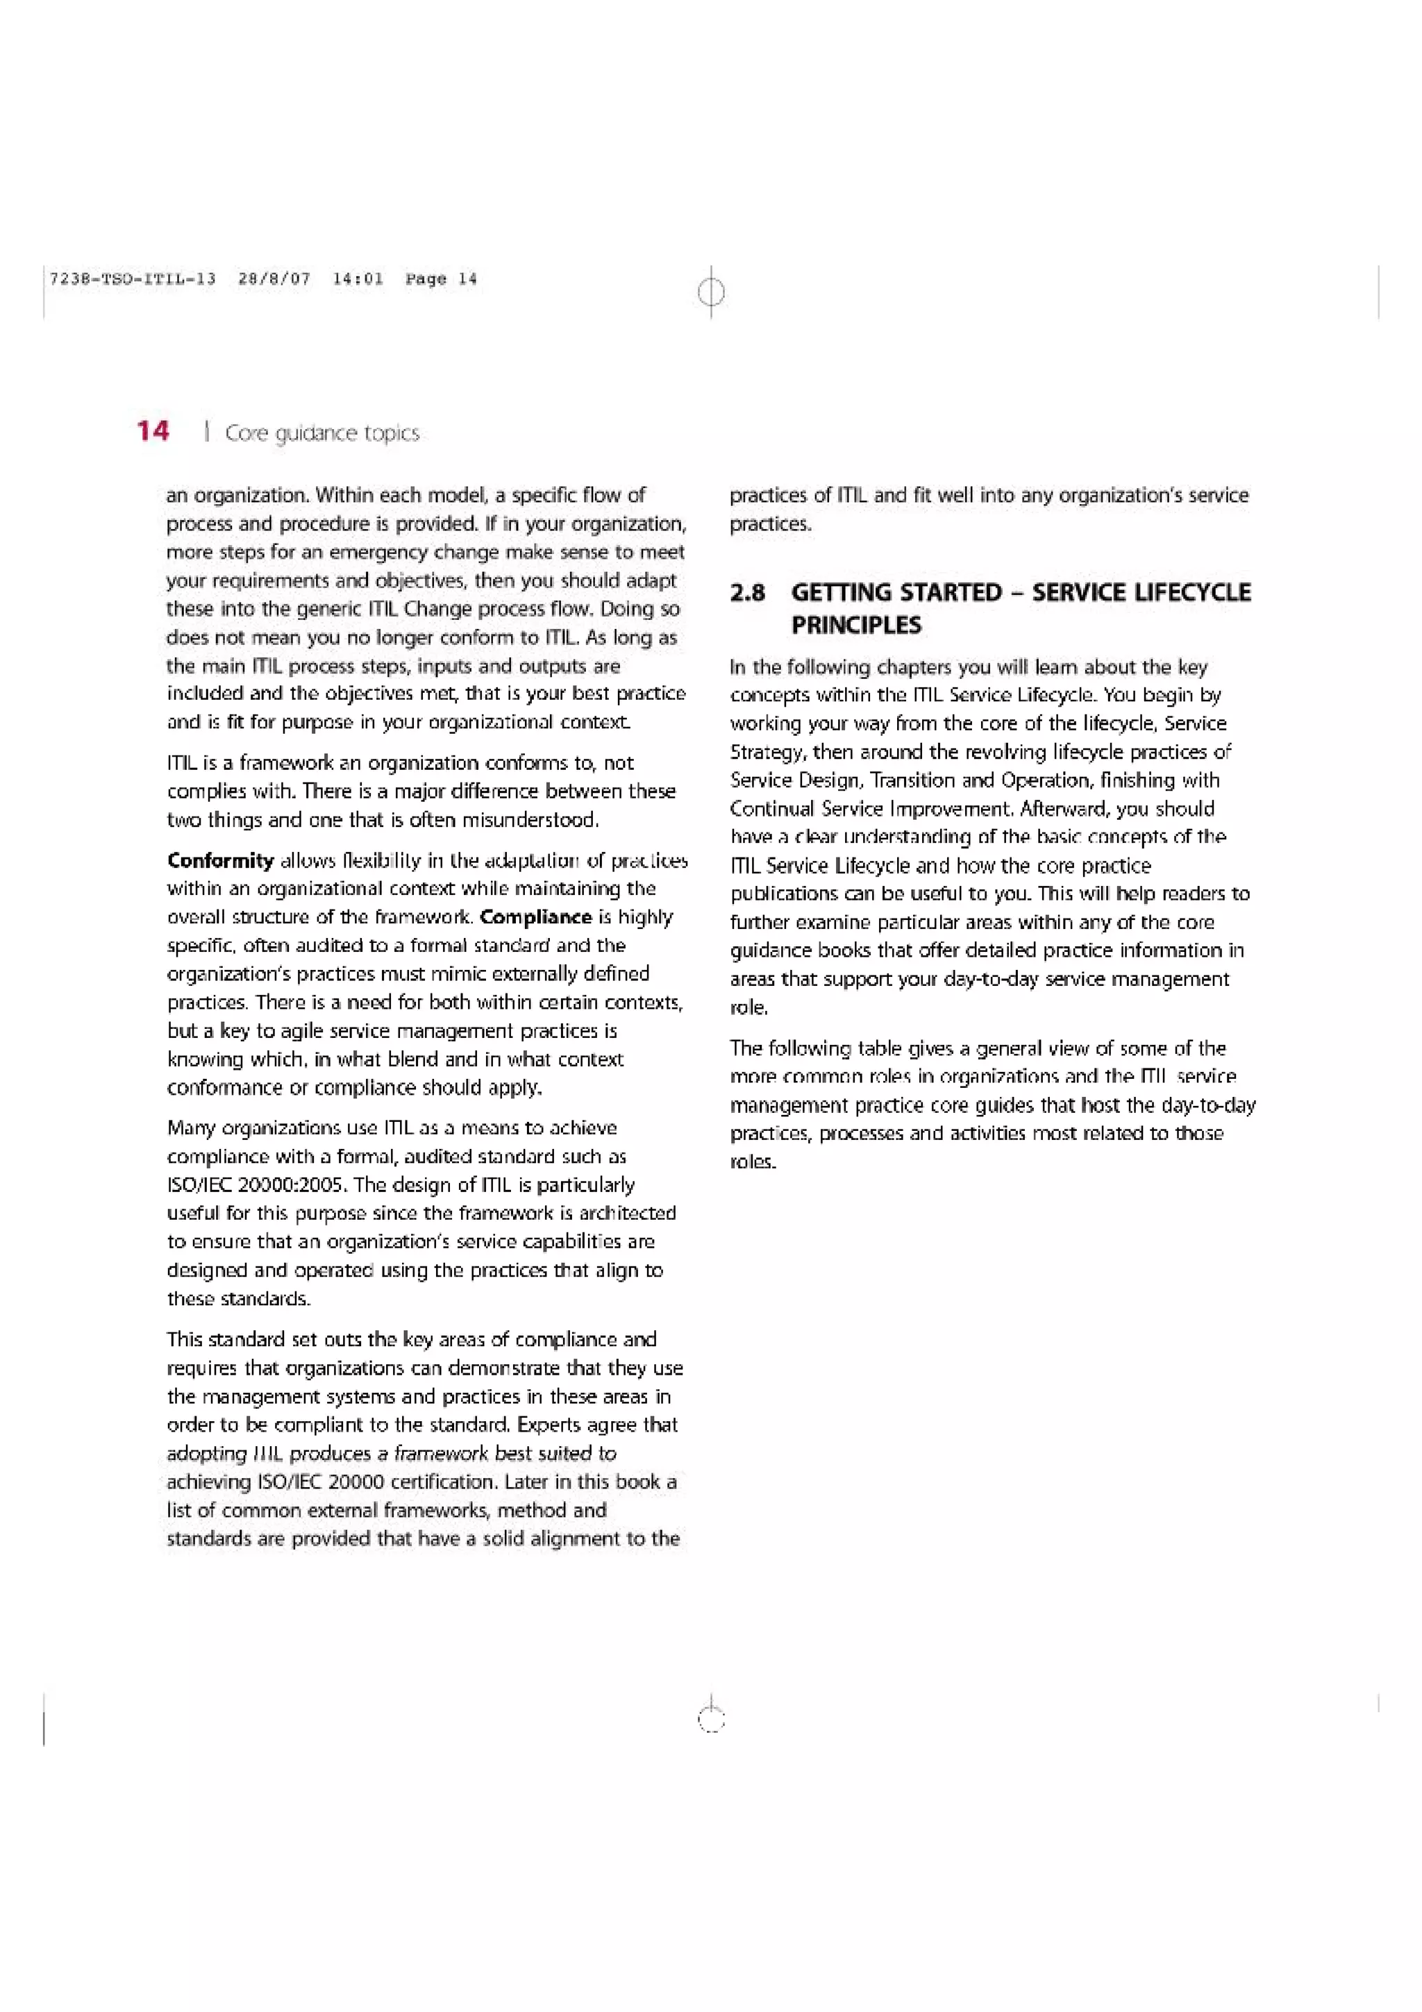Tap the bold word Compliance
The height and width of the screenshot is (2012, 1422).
[x=535, y=918]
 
